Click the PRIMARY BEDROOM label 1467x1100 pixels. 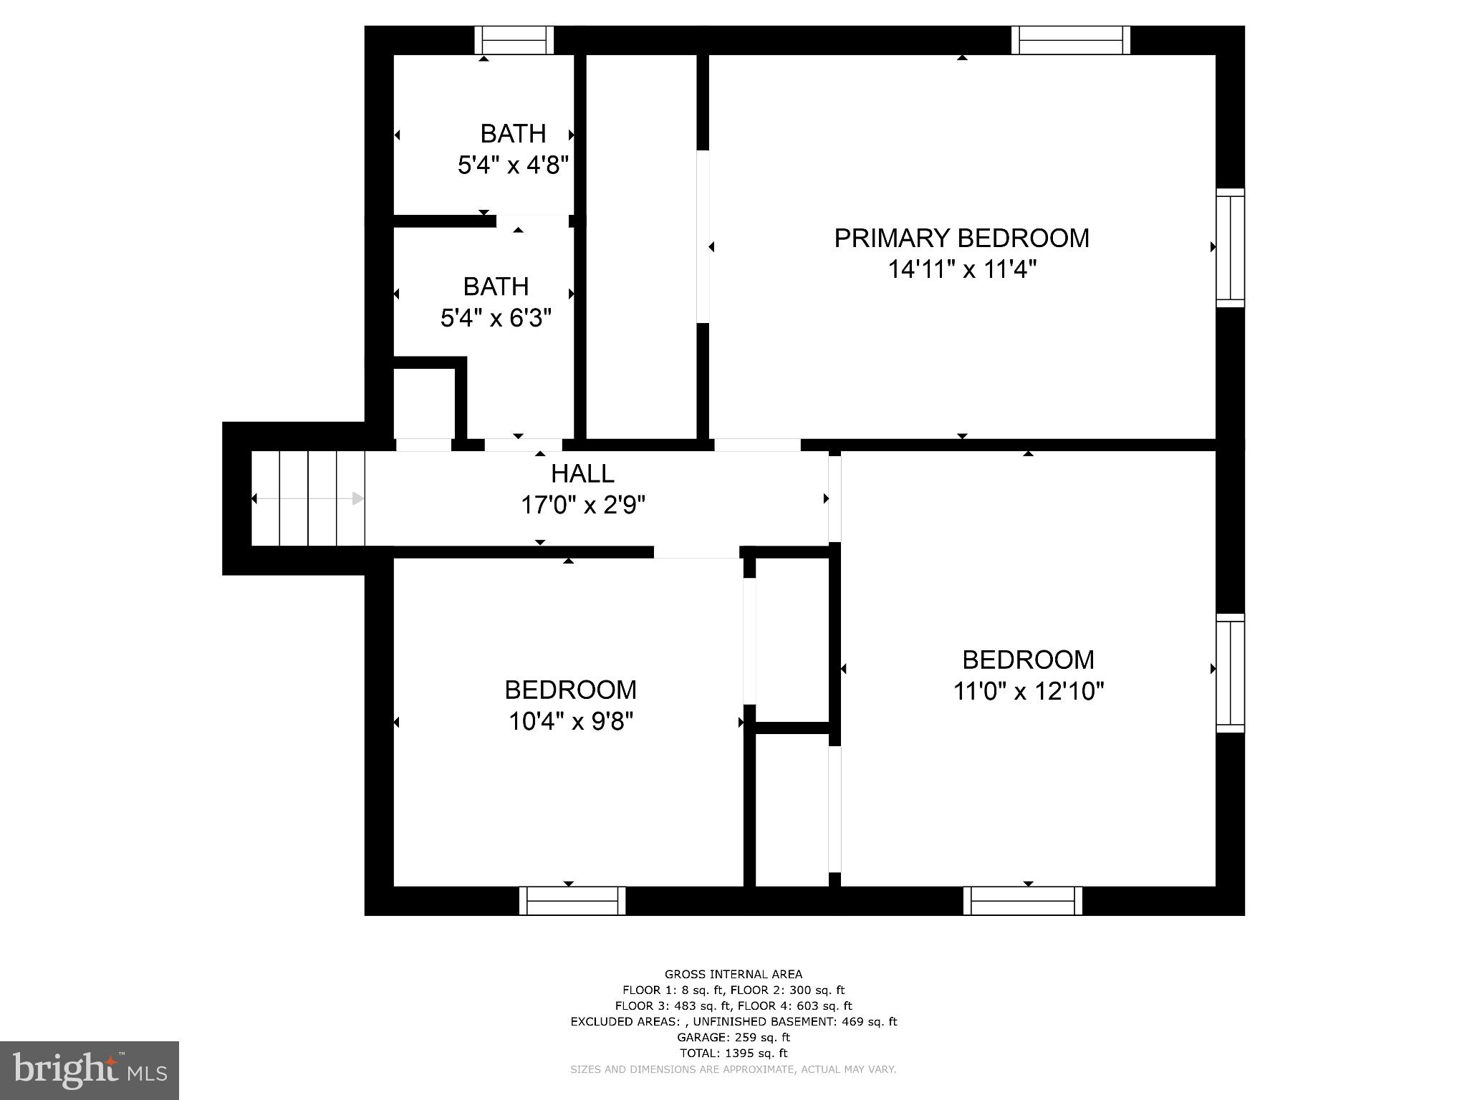[961, 238]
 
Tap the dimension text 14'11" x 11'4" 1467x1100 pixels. [962, 270]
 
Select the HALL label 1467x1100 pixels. [582, 474]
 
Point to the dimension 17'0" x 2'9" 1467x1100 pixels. [582, 506]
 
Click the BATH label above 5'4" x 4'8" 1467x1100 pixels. [513, 134]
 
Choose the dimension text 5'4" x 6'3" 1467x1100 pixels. [496, 317]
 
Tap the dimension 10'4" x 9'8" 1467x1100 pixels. [570, 721]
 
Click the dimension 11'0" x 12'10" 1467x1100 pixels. [1028, 691]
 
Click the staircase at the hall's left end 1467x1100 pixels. [308, 498]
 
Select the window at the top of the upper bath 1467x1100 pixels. [514, 40]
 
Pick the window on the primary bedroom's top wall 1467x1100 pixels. [1070, 40]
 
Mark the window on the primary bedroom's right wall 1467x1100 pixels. [1230, 248]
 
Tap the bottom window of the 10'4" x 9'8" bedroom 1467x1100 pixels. [572, 900]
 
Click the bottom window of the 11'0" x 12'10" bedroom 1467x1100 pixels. [1022, 900]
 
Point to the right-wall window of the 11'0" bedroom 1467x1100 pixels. [1230, 672]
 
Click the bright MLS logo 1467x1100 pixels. [90, 1070]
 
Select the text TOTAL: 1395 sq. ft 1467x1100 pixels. [733, 1053]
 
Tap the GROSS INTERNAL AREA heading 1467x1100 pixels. [733, 974]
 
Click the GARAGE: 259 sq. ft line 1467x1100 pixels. [733, 1037]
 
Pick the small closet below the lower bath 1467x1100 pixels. [424, 403]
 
